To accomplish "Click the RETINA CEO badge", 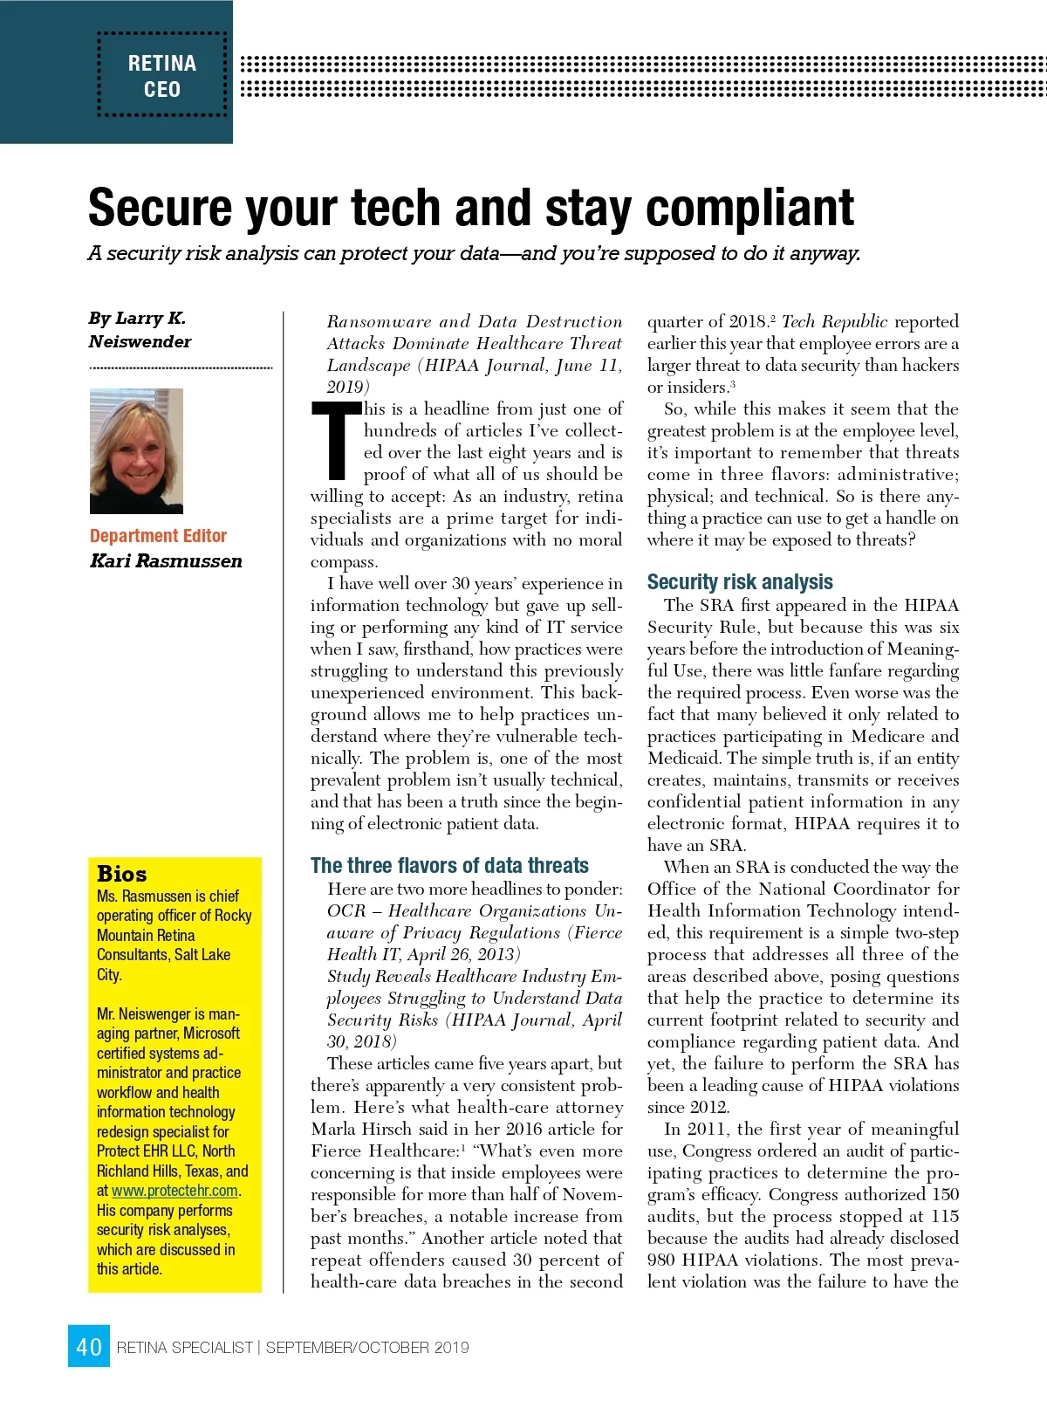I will coord(162,76).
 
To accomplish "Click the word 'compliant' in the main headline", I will coord(749,208).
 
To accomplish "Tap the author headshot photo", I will coord(136,450).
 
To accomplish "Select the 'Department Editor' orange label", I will coord(158,536).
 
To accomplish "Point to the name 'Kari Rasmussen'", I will coord(166,561).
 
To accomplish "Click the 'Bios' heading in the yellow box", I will coord(122,874).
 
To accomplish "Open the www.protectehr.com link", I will coord(174,1191).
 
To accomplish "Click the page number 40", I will coord(89,1347).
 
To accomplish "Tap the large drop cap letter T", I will coord(335,441).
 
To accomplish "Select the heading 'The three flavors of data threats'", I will coord(449,865).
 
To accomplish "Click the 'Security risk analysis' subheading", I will coord(740,582).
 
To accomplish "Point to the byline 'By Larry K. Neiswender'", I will coord(140,330).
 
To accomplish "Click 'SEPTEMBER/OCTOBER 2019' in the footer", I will coord(367,1348).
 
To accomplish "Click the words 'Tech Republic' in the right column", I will coord(834,321).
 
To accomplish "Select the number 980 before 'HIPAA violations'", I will coord(661,1260).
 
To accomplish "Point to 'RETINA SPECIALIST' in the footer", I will coord(184,1348).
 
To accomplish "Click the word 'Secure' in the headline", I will coord(161,208).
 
